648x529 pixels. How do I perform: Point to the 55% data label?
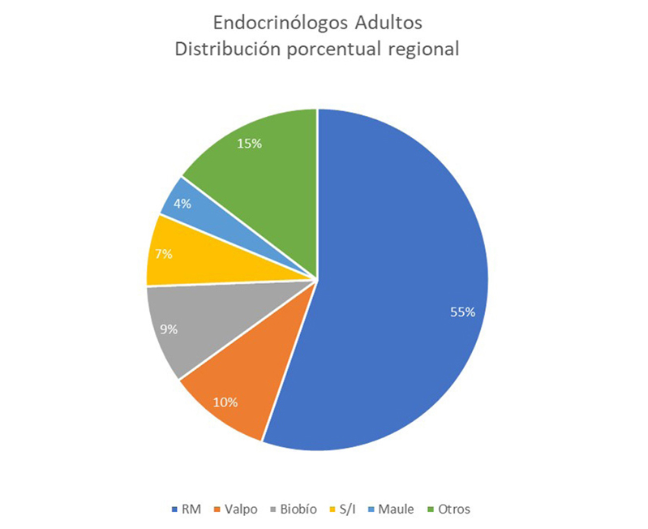click(x=462, y=312)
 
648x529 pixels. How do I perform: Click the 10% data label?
click(x=225, y=402)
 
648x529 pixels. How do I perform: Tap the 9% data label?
click(x=169, y=329)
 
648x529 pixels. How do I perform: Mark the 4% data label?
click(x=182, y=204)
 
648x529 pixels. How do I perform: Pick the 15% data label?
click(x=249, y=144)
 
